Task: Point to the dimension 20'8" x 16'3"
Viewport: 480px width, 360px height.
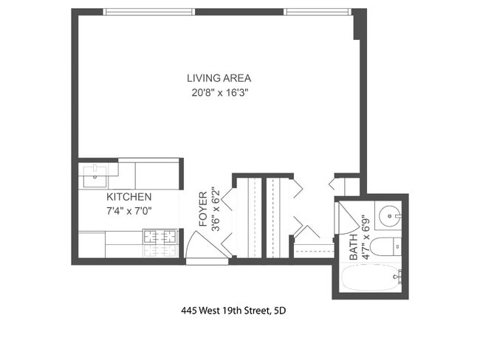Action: (x=219, y=94)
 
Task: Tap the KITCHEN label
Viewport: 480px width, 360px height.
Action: (x=129, y=198)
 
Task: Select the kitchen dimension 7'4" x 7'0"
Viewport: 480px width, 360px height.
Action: (x=129, y=211)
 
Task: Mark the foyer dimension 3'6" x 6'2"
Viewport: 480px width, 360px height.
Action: (x=216, y=209)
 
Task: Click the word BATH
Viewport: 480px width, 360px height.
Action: (x=353, y=247)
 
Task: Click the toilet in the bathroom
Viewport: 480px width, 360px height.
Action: (x=385, y=246)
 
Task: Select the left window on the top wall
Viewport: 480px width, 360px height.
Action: (x=150, y=12)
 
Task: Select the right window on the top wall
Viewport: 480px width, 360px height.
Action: (x=318, y=12)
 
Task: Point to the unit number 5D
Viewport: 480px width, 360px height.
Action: (x=279, y=311)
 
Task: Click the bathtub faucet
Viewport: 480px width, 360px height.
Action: (x=397, y=277)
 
